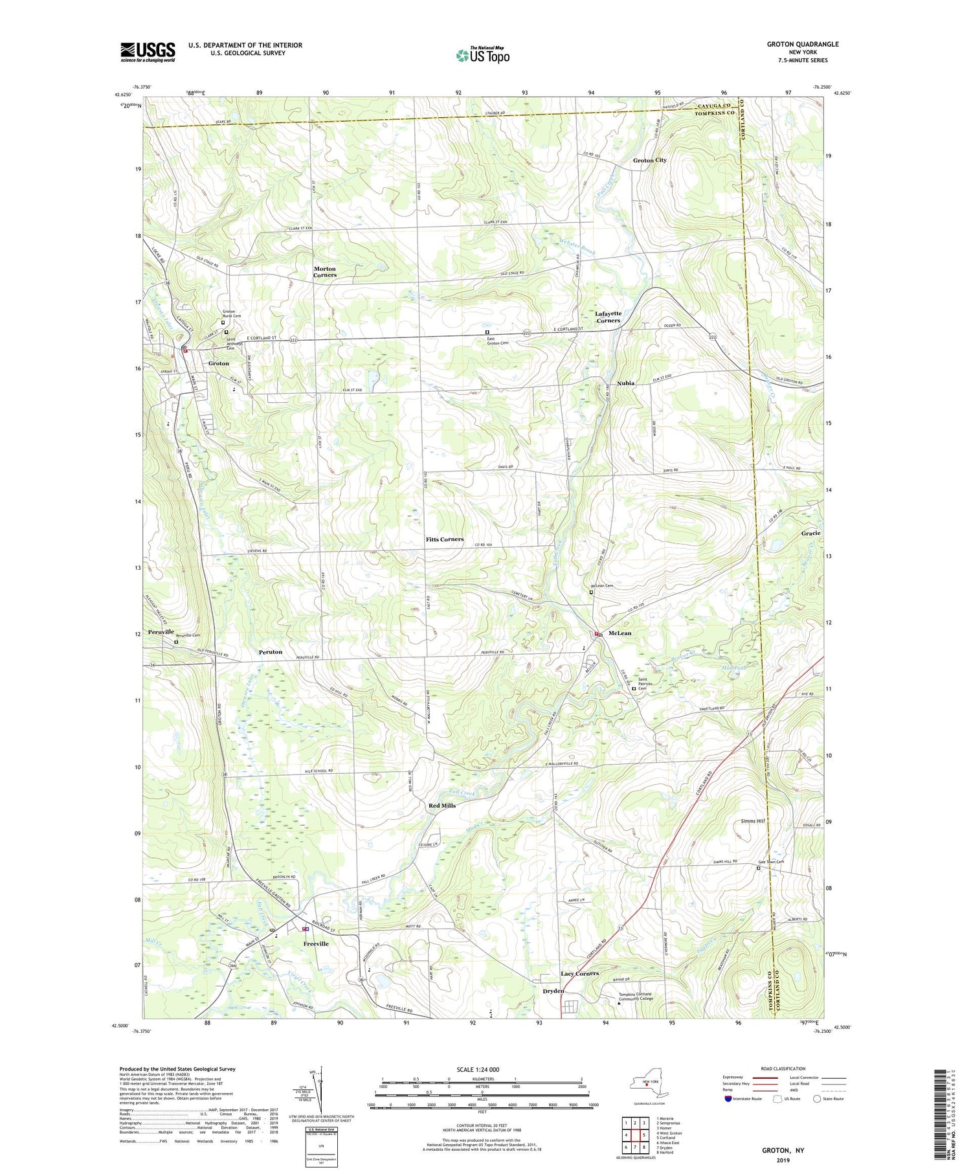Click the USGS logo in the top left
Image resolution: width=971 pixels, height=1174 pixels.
148,52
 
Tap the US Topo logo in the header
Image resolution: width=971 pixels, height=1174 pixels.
483,55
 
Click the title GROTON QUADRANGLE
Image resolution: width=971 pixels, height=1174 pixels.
802,44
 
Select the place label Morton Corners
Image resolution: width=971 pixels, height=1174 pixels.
325,272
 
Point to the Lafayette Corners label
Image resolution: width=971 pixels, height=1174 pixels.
608,317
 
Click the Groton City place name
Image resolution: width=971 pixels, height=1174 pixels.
649,160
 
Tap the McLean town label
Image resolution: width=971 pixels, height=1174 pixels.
619,633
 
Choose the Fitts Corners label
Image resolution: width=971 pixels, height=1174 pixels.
444,539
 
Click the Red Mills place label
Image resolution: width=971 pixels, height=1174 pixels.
442,806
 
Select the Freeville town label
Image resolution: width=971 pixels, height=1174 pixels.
316,944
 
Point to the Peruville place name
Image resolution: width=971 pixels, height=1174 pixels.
161,631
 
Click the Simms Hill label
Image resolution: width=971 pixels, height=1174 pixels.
753,821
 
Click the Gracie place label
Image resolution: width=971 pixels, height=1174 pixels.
810,533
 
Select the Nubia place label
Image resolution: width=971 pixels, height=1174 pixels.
625,383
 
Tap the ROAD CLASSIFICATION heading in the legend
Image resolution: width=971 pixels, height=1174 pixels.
783,1068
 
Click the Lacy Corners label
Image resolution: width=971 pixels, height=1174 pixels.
579,974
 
